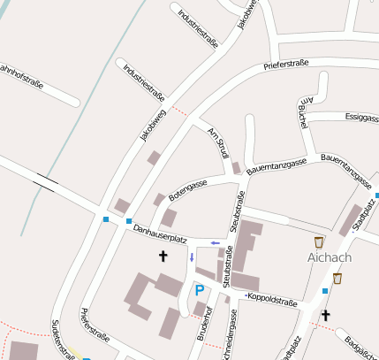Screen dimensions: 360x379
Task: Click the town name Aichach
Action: pos(330,258)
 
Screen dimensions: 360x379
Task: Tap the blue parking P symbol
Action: pos(200,289)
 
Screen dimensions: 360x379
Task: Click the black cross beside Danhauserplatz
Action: pos(163,257)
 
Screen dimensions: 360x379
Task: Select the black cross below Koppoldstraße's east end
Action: pos(325,314)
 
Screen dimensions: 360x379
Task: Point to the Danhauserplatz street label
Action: pos(160,234)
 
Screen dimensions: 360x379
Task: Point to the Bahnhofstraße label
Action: pos(21,74)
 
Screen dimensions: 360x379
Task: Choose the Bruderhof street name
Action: pos(204,325)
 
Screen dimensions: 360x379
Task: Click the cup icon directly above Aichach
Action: pos(318,241)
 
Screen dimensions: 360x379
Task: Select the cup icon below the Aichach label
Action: pos(337,279)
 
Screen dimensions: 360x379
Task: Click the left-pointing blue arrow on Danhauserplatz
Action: pos(215,242)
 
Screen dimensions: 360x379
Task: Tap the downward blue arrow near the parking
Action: pos(191,257)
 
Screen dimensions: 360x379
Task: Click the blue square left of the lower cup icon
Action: pos(325,289)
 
